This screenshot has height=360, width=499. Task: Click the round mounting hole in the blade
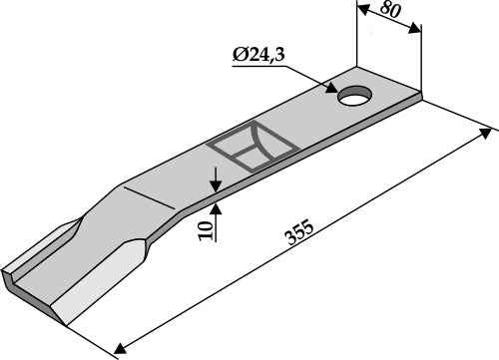(x=353, y=97)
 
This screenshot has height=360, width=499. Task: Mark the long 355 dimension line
(x=299, y=239)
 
